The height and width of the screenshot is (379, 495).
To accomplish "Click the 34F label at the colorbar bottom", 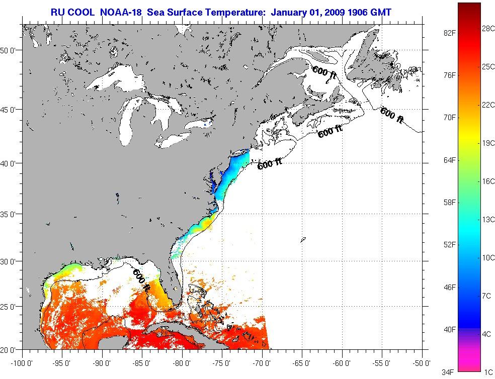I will pos(450,372).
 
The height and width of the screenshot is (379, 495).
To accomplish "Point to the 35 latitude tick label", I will pos(11,214).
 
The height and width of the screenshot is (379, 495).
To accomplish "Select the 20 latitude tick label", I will pos(11,349).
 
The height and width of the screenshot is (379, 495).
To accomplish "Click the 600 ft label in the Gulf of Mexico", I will pos(141,280).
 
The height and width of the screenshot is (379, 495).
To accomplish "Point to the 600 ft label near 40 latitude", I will pos(269,164).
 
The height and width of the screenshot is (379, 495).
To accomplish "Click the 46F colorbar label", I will pos(450,287).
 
